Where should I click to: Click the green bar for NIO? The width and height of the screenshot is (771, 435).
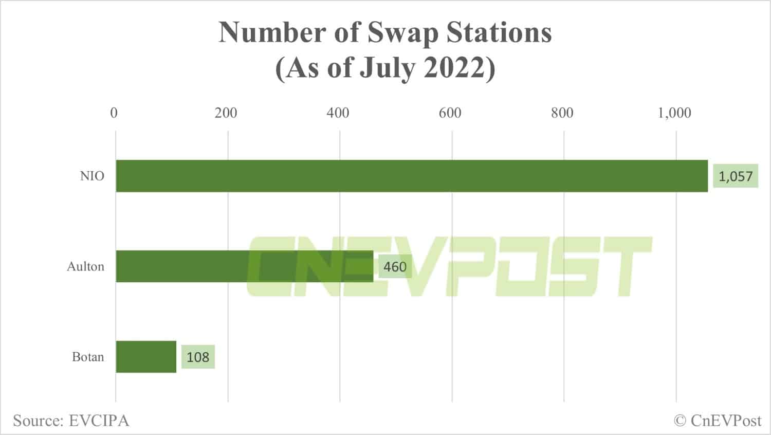pos(411,176)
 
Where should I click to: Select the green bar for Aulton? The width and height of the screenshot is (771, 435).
pos(244,266)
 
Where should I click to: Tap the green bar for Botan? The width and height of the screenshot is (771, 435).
pos(146,357)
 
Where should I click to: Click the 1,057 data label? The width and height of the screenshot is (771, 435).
pos(735,176)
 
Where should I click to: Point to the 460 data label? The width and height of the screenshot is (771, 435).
pos(395,267)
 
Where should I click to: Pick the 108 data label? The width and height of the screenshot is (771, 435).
pos(198,357)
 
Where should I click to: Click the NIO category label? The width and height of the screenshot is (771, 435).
pos(92,176)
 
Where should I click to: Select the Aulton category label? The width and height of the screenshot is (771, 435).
pos(85,266)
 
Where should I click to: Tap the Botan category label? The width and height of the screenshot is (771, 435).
pos(88,357)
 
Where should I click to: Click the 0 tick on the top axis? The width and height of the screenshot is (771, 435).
pos(114,113)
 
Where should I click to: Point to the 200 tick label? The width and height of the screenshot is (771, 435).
pos(226,113)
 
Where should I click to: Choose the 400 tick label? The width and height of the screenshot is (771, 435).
pos(338,113)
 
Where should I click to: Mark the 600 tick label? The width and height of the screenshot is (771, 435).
pos(450,113)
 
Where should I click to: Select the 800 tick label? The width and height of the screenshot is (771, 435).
pos(562,113)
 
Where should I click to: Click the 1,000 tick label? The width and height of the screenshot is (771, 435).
pos(674,113)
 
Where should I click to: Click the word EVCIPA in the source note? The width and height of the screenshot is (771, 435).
pos(99,421)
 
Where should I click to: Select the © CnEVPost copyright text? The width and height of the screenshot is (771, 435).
pos(718,421)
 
